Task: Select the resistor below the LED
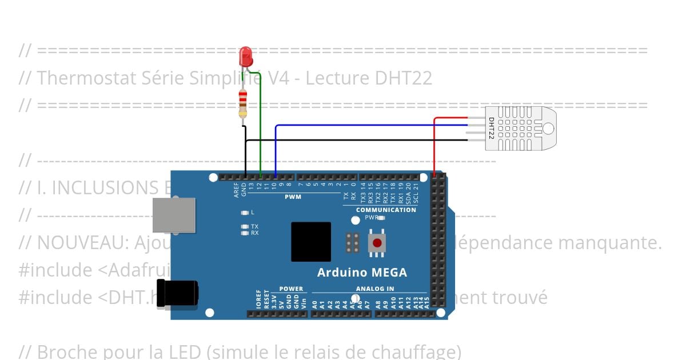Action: [x=243, y=103]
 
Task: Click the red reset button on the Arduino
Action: [x=377, y=243]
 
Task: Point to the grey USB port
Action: [x=174, y=215]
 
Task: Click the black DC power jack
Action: [x=178, y=293]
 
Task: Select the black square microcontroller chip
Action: [x=311, y=242]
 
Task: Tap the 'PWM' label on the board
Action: [x=293, y=197]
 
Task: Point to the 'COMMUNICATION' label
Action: [x=386, y=210]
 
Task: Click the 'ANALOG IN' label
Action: [x=374, y=289]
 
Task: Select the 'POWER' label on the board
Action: [x=291, y=289]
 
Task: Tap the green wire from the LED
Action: [x=261, y=126]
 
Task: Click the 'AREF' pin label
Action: [x=237, y=190]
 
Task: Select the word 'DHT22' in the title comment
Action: [x=403, y=78]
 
